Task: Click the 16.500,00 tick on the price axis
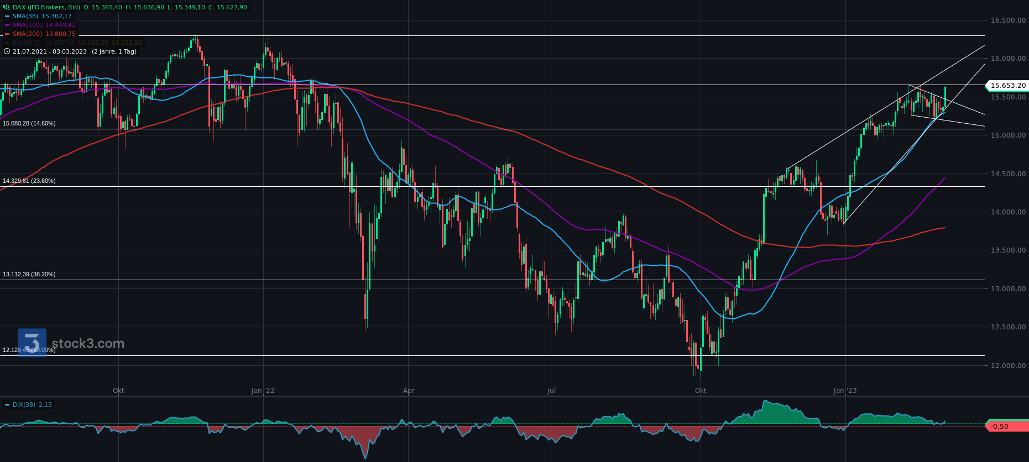[1008, 20]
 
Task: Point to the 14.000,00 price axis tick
[1008, 212]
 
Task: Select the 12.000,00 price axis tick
[1008, 365]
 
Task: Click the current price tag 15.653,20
[1007, 86]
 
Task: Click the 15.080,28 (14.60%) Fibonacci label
[29, 123]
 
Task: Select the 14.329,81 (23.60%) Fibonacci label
[29, 181]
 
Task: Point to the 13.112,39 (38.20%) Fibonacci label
[29, 274]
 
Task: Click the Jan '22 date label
[263, 391]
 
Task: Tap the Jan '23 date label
[845, 391]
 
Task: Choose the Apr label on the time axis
[409, 391]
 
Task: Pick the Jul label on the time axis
[551, 391]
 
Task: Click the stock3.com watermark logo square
[32, 343]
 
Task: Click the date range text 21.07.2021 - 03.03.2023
[50, 51]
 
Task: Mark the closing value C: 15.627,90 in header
[228, 7]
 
